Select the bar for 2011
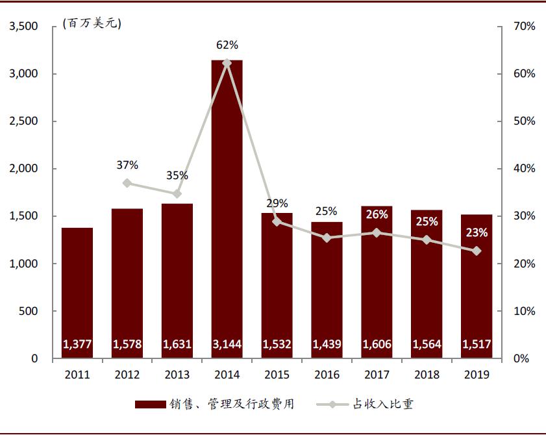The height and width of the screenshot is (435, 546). pos(77,292)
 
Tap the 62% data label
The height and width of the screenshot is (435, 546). pos(227,45)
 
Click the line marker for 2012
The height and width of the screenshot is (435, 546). pos(127,183)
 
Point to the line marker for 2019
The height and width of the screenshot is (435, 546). pos(477,251)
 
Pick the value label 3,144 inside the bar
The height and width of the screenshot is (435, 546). pos(227,344)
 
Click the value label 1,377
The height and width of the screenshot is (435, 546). pos(77,344)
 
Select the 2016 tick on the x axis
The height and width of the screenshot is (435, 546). pos(327,375)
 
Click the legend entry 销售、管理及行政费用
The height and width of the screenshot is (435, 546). pos(214,404)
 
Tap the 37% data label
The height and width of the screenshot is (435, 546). pos(127,165)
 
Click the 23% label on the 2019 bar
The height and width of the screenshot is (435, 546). pos(477,232)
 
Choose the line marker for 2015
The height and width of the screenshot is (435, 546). pos(277,221)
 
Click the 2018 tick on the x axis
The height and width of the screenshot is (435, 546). pos(427,375)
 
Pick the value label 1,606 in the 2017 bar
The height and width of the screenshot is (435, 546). pos(377,344)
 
